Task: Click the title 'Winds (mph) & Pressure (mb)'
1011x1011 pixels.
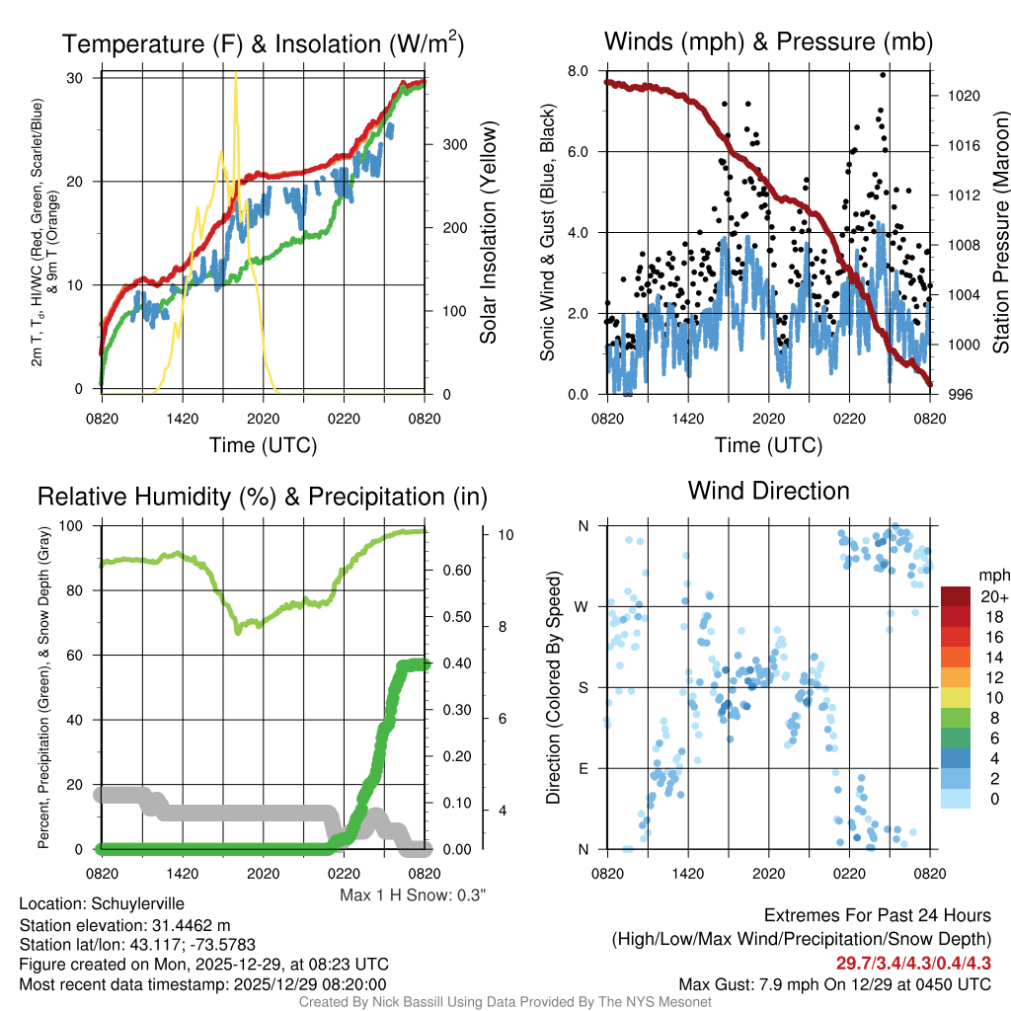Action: pyautogui.click(x=768, y=41)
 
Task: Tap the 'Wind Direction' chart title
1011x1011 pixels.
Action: pyautogui.click(x=768, y=490)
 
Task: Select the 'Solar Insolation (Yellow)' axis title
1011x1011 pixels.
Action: pyautogui.click(x=489, y=233)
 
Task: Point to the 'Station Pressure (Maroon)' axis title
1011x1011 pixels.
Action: pyautogui.click(x=999, y=233)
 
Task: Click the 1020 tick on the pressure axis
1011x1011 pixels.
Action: pyautogui.click(x=961, y=96)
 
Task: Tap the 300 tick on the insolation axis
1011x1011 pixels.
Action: pyautogui.click(x=455, y=144)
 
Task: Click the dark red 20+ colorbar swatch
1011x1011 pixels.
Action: pyautogui.click(x=957, y=596)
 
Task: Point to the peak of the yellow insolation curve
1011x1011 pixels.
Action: pyautogui.click(x=235, y=73)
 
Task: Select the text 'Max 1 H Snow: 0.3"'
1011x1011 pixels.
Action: pyautogui.click(x=413, y=894)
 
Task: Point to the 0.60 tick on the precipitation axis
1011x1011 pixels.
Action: pyautogui.click(x=453, y=571)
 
